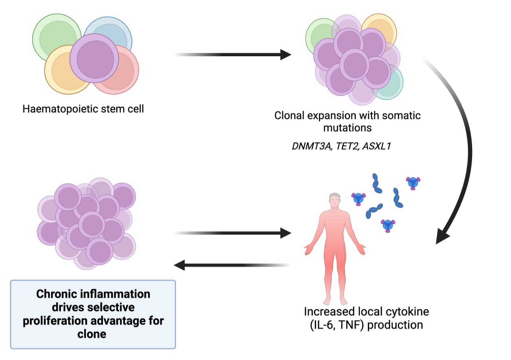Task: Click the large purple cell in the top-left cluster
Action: click(94, 58)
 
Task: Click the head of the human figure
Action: click(335, 200)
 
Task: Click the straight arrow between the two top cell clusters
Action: click(232, 54)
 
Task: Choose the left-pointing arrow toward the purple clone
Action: click(232, 265)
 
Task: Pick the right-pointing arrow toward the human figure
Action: click(232, 233)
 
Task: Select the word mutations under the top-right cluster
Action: click(347, 128)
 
